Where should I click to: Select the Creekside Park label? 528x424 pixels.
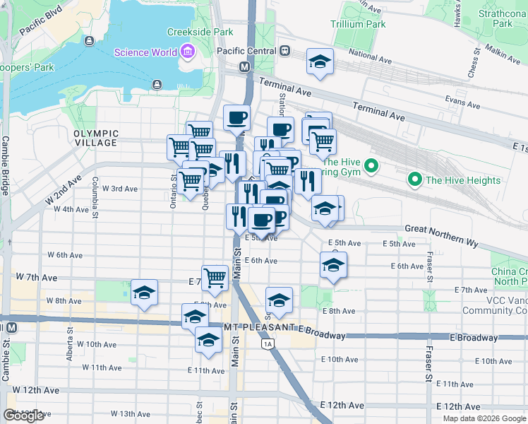pos(200,32)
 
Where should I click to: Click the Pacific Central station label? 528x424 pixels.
pos(247,51)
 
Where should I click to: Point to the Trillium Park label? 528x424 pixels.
pos(359,24)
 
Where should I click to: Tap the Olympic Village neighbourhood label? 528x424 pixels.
pos(96,138)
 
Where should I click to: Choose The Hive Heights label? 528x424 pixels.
pos(462,180)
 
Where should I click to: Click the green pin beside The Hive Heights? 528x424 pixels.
pos(416,179)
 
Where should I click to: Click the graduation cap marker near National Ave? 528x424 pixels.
pos(320,62)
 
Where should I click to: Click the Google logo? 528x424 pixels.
pos(24,416)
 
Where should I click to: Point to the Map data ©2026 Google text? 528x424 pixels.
pos(484,418)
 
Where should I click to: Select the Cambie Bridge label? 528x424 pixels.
pos(6,166)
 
